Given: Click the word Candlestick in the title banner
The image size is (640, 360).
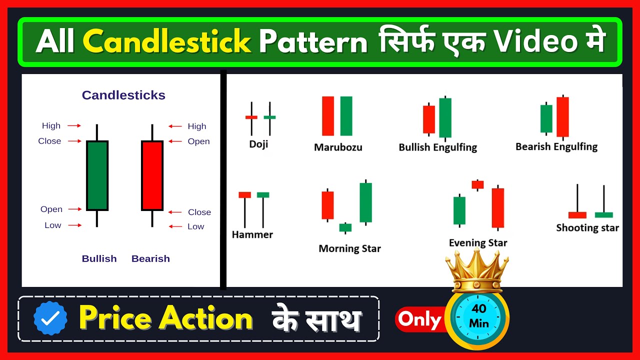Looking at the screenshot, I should coord(166,42).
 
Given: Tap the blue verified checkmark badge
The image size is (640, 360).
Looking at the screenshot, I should coord(50,318).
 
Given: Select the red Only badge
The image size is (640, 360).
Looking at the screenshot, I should coord(419,319).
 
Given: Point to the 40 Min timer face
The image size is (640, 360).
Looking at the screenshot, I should coord(479,316).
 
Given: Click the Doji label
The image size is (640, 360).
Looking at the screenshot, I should coord(258,144).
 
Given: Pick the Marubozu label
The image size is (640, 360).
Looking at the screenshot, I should coord(338,147).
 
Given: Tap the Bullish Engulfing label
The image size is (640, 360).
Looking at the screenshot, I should coord(437,147).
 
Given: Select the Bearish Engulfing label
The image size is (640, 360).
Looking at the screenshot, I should coord(556,146).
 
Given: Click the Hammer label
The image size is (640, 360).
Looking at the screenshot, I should coord(252,234).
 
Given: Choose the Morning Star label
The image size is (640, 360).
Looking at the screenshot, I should coord(349,248).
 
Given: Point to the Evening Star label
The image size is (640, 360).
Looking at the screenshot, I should coord(478,243).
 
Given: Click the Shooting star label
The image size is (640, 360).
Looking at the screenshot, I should coord(587,228).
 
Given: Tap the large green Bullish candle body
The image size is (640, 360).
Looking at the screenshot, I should coord(97,175).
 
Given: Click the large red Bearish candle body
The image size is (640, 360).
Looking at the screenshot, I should coord(152,175).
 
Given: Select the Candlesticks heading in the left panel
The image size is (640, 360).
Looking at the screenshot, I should coord(123,95).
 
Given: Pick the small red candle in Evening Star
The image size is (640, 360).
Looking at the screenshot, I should coord(477,184).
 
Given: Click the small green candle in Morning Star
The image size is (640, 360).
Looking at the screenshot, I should coord(345,227).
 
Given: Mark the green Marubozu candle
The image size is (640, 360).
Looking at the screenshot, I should coord(346,116).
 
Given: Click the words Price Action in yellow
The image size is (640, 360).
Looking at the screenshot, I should coord(166,318).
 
